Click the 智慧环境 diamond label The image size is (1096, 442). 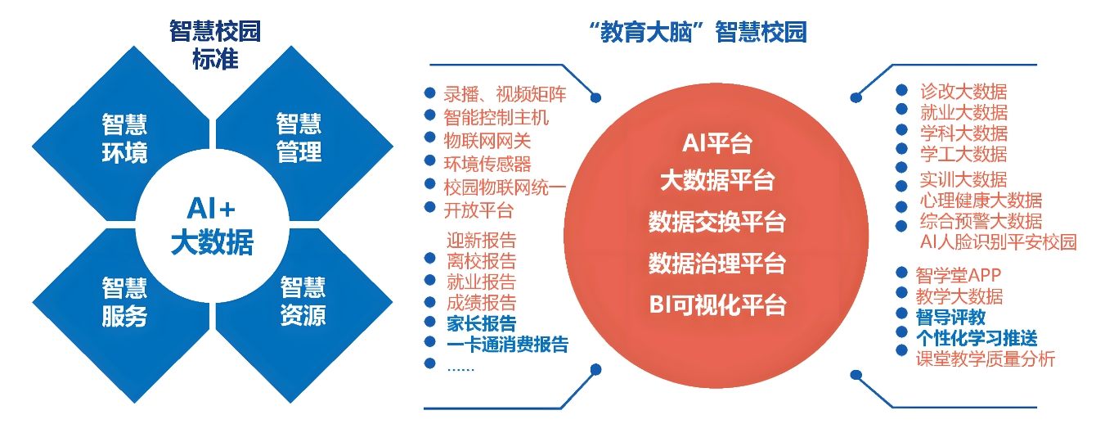[x=125, y=138]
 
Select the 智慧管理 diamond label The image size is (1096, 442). [x=299, y=138]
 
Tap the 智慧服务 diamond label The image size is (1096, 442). [x=125, y=302]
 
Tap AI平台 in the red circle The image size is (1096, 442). [x=716, y=144]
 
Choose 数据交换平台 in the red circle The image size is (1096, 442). [x=716, y=222]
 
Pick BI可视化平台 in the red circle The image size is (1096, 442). [x=716, y=304]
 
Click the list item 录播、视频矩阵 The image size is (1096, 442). [x=505, y=95]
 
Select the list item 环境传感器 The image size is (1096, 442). [x=487, y=164]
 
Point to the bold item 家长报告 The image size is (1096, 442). [x=481, y=323]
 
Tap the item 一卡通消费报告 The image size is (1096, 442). [x=507, y=345]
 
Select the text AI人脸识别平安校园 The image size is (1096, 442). [x=998, y=241]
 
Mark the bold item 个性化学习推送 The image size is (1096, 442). [x=977, y=337]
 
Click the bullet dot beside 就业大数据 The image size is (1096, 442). [x=901, y=110]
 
